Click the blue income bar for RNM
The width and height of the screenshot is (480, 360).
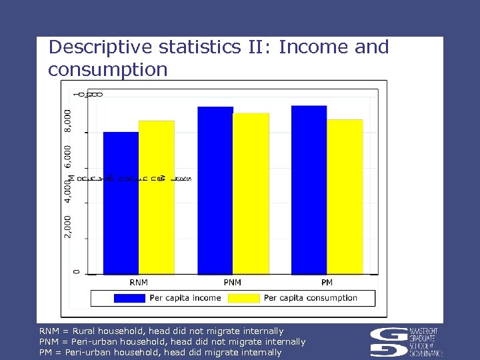point(121,203)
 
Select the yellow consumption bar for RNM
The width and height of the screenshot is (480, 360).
point(156,197)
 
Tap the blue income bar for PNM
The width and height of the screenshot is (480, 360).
point(215,190)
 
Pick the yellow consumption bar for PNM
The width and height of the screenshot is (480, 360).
point(251,193)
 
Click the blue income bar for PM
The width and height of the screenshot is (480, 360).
point(309,189)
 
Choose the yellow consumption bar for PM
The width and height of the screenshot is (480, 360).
point(345,196)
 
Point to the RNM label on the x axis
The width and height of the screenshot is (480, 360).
point(139,283)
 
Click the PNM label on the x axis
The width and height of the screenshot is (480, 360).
point(233,283)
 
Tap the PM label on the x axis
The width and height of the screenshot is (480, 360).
point(327,283)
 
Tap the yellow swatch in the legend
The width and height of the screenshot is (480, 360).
point(243,298)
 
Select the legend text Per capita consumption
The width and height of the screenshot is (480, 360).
point(311,298)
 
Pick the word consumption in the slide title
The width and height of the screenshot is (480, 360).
point(108,69)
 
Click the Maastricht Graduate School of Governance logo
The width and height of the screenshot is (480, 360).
point(407,342)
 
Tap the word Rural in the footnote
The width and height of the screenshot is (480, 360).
point(85,331)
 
